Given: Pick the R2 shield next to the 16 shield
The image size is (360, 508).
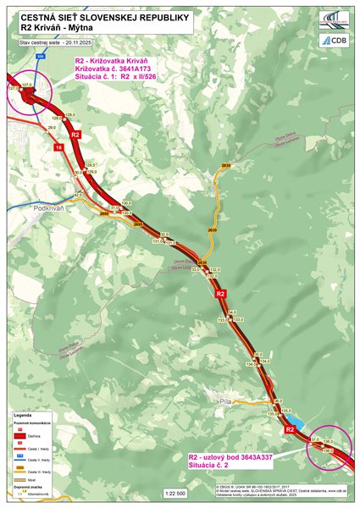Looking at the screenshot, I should click(x=75, y=135).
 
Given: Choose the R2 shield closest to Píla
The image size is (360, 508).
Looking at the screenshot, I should click(x=289, y=429).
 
